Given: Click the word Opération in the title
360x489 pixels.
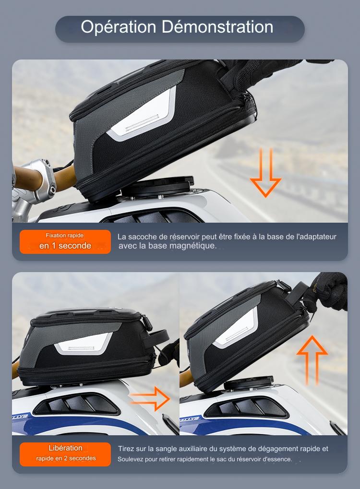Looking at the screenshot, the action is [x=119, y=27].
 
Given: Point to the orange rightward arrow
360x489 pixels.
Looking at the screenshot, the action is [x=150, y=399].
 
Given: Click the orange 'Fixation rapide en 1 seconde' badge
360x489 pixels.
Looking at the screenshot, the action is [x=65, y=241].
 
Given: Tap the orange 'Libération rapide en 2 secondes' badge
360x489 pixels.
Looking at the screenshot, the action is [x=65, y=454].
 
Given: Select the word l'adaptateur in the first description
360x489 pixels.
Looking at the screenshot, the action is [x=316, y=237].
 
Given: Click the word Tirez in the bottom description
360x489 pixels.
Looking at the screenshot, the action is [x=126, y=449].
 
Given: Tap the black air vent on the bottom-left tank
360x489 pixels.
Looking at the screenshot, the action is [x=76, y=405].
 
